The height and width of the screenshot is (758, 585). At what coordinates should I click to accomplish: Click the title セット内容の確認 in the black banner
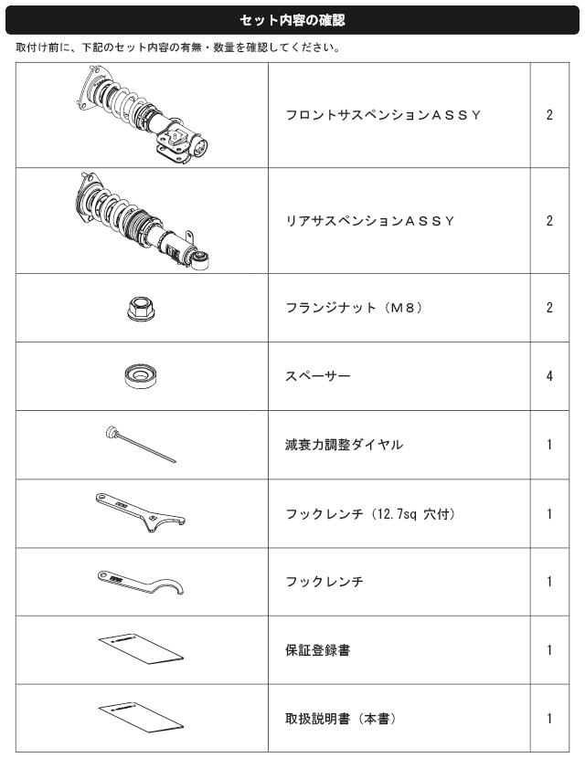tap(292, 20)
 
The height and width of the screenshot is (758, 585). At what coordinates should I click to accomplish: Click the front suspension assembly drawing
tap(144, 115)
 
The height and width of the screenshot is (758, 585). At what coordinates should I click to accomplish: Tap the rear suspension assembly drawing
tap(143, 221)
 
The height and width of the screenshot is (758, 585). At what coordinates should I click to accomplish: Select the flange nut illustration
tap(141, 309)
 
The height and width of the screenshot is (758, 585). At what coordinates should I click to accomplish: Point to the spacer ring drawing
tap(141, 376)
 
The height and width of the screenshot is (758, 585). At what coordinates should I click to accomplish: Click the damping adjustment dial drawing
tap(141, 444)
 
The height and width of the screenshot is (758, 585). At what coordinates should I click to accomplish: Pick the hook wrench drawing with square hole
tap(141, 512)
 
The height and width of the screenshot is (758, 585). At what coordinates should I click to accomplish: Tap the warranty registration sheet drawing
tap(141, 648)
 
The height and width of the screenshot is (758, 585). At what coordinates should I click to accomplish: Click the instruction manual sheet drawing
tap(141, 718)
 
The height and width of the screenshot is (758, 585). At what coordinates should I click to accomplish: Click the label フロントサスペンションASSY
tap(383, 115)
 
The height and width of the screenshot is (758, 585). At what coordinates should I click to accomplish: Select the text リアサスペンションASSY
tap(370, 221)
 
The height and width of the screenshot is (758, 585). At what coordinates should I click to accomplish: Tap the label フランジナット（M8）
tap(354, 308)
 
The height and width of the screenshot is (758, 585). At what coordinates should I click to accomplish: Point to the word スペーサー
tap(317, 376)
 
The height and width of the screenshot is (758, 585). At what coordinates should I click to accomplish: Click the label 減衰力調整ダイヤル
tap(344, 444)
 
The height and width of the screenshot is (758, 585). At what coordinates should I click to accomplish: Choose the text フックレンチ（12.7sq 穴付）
tap(371, 513)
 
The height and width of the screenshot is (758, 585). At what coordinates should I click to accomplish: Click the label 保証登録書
tap(317, 650)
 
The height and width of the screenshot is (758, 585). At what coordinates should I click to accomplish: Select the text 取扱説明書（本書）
tap(341, 719)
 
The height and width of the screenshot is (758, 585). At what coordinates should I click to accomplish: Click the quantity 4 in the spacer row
tap(549, 376)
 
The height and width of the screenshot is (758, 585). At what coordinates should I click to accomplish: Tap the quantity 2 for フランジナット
tap(549, 308)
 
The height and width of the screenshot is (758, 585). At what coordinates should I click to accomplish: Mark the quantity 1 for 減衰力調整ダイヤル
tap(549, 444)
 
